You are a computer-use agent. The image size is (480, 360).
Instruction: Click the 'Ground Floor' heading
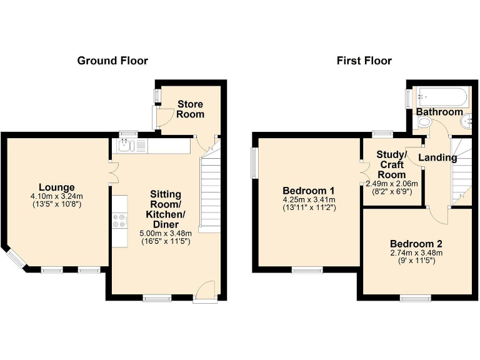click(112, 61)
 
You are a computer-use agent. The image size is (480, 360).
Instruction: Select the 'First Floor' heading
click(364, 61)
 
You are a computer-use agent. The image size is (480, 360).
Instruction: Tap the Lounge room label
click(56, 187)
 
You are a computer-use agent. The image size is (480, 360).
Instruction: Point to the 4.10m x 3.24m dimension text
click(56, 196)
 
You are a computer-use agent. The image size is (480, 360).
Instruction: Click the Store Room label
click(190, 109)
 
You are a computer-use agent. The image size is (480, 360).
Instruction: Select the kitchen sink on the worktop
click(126, 146)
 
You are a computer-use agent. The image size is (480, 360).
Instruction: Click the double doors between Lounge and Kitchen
click(112, 172)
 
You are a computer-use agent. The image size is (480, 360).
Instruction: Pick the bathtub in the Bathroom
click(440, 97)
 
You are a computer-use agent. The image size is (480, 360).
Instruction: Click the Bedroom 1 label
click(309, 191)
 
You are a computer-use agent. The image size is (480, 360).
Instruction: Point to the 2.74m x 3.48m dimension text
click(416, 253)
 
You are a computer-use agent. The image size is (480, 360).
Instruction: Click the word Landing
click(437, 157)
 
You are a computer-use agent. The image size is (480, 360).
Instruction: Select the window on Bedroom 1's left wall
click(255, 162)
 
